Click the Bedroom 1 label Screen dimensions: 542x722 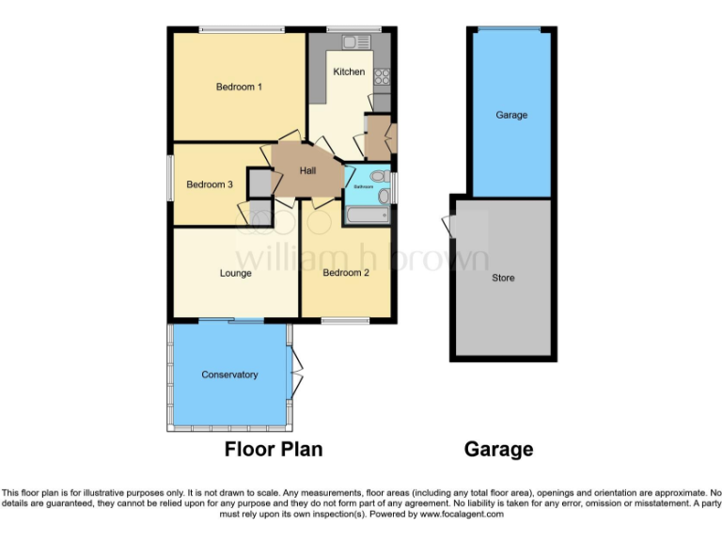click(239, 87)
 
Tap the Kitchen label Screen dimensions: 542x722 click(349, 72)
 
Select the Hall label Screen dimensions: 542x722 click(307, 170)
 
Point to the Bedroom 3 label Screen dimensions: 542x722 click(210, 184)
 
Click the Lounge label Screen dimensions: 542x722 click(235, 274)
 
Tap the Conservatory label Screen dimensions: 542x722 click(229, 375)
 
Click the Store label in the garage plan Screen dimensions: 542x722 click(503, 278)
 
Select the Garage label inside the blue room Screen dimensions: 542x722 click(511, 115)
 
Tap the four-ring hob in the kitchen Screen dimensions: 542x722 click(382, 77)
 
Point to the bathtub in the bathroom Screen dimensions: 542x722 click(367, 216)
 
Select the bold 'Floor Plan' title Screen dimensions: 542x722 click(273, 449)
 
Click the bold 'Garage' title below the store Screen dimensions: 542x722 click(498, 449)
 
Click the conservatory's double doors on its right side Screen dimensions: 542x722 click(296, 375)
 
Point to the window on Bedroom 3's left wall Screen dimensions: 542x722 click(170, 176)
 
